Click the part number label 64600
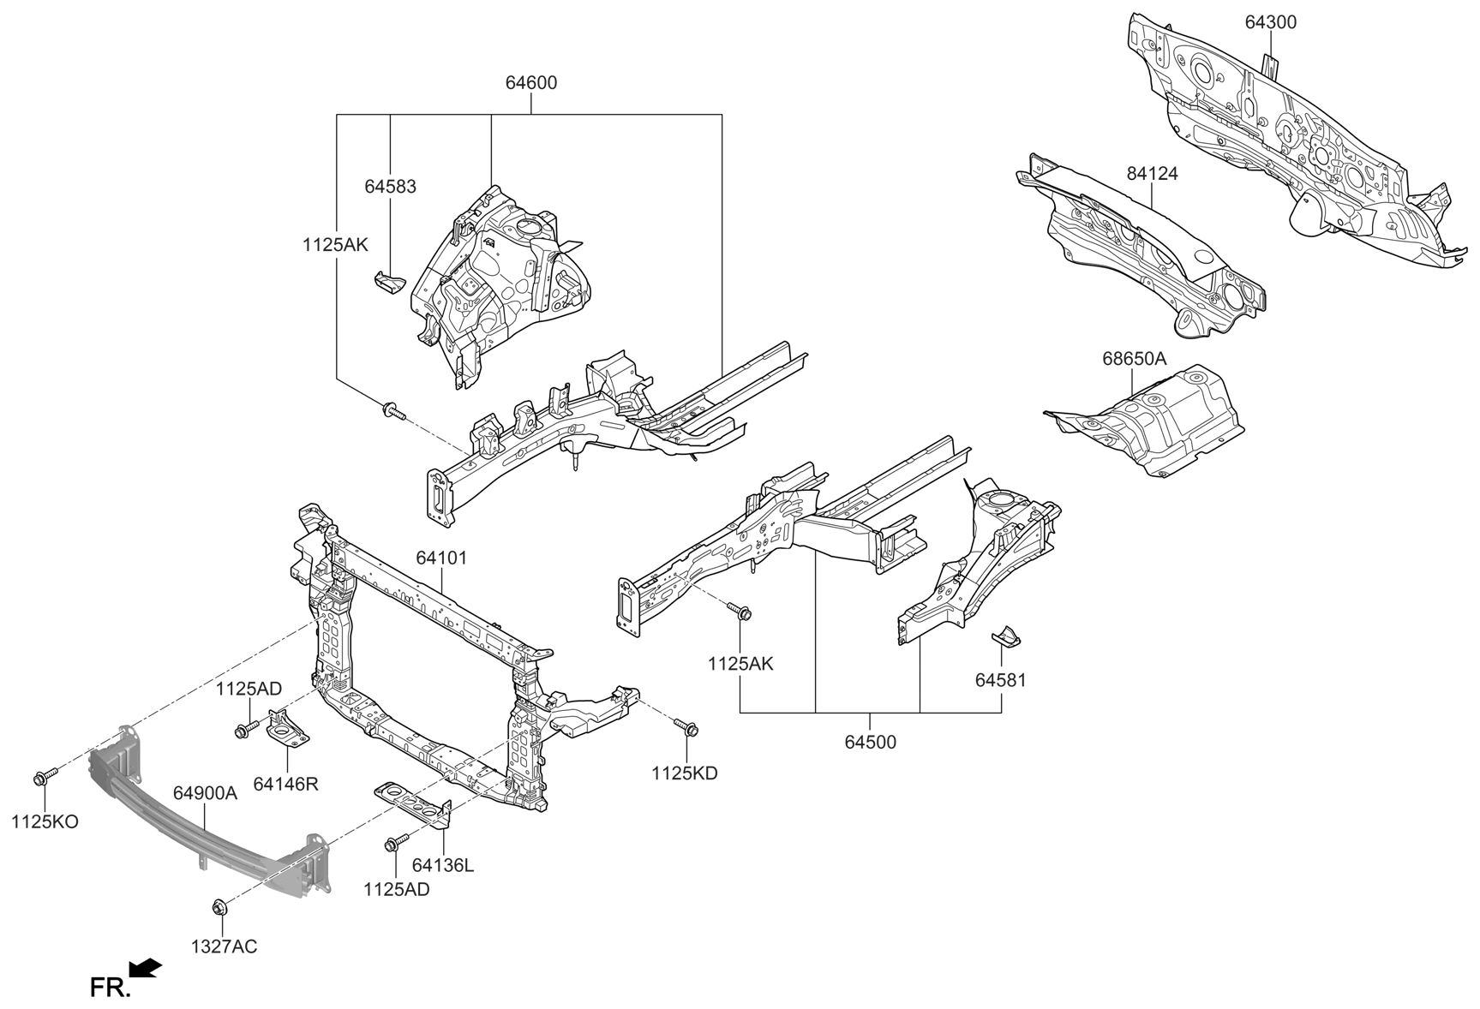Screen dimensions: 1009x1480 (x=530, y=83)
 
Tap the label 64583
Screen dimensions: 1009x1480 (x=390, y=186)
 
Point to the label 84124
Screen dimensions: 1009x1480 (x=1152, y=173)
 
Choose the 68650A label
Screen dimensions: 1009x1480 (x=1134, y=359)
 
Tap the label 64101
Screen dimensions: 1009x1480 (x=441, y=558)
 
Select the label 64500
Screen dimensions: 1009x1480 (x=870, y=743)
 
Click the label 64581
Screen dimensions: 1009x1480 (x=1000, y=680)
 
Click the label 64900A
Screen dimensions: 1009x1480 (x=205, y=794)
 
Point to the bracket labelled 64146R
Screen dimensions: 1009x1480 (x=287, y=727)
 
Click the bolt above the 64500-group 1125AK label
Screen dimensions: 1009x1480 (x=740, y=612)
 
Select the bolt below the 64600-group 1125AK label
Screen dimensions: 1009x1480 (x=395, y=412)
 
